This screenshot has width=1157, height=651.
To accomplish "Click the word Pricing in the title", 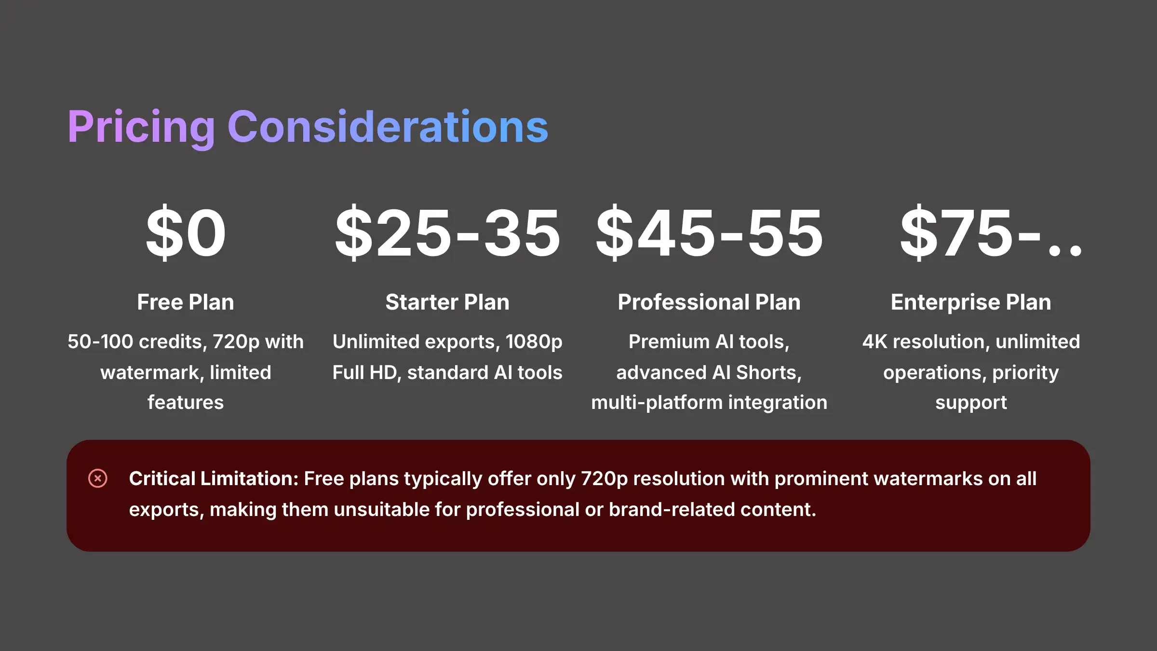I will point(141,127).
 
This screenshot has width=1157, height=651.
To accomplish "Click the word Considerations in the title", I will point(388,127).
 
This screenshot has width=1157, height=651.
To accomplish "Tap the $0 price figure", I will point(186,233).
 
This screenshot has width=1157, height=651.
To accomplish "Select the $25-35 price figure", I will point(447,233).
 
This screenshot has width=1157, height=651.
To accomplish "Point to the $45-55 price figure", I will point(709,233).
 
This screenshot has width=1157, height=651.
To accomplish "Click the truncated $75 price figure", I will point(991,233).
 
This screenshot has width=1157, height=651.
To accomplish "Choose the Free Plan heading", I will point(186,302).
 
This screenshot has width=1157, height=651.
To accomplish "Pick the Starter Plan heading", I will point(447,302).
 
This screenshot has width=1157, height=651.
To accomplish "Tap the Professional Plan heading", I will point(709,302).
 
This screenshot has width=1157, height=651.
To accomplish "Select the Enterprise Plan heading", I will point(971,302).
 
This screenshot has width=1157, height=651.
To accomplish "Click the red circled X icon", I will point(98,478).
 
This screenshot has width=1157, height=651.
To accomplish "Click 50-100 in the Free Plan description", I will point(100,341).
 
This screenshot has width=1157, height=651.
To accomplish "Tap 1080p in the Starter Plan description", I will point(534,342).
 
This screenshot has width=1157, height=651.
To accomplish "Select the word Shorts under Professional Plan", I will point(768,372).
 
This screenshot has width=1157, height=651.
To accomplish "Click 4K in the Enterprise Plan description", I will point(874,341).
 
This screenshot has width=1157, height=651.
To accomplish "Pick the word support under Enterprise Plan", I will point(971,403).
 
